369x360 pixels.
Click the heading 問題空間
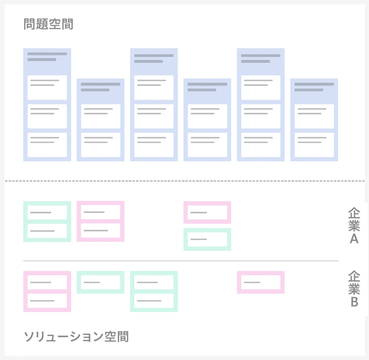pos(48,24)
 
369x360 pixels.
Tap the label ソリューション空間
pos(76,336)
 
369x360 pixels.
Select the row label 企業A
pos(354,226)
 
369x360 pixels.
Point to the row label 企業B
pos(354,289)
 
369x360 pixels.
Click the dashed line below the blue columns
pos(184,181)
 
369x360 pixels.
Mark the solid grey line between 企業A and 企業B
pos(181,261)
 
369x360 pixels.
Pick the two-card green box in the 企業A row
pos(47,221)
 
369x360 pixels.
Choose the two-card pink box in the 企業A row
pos(101,221)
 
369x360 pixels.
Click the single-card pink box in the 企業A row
pos(207,212)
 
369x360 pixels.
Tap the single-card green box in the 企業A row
pos(207,239)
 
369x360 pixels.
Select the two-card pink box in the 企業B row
pos(47,291)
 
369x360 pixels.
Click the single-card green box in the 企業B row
pos(101,282)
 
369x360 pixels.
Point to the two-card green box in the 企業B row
pos(154,291)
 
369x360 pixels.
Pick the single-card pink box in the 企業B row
pos(260,282)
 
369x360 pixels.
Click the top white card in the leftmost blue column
pos(47,87)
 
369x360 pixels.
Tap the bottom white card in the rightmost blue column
pos(314,145)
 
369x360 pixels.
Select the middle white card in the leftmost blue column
pos(47,116)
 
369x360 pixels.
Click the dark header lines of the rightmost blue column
pos(314,87)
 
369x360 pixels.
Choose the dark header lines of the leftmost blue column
pos(47,57)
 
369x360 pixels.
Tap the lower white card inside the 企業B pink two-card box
pos(47,301)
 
